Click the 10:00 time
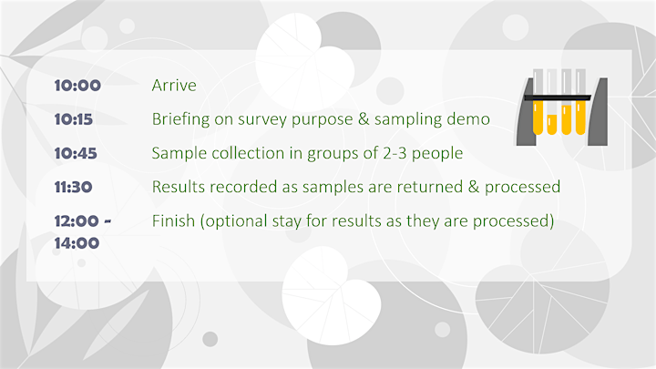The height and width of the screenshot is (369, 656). pyautogui.click(x=77, y=86)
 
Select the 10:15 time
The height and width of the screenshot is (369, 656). pyautogui.click(x=73, y=119)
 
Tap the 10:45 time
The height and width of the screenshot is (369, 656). pyautogui.click(x=76, y=153)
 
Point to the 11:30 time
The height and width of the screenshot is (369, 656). pyautogui.click(x=73, y=187)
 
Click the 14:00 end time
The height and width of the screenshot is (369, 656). pyautogui.click(x=77, y=243)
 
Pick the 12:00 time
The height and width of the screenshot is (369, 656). pyautogui.click(x=77, y=220)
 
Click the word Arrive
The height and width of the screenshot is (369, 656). pyautogui.click(x=174, y=86)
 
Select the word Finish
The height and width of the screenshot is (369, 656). pyautogui.click(x=173, y=220)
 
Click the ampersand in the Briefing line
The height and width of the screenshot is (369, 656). pyautogui.click(x=364, y=119)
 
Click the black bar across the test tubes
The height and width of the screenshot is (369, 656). pyautogui.click(x=558, y=97)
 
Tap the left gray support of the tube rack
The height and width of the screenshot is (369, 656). pyautogui.click(x=527, y=112)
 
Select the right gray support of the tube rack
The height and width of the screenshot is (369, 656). pyautogui.click(x=598, y=112)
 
